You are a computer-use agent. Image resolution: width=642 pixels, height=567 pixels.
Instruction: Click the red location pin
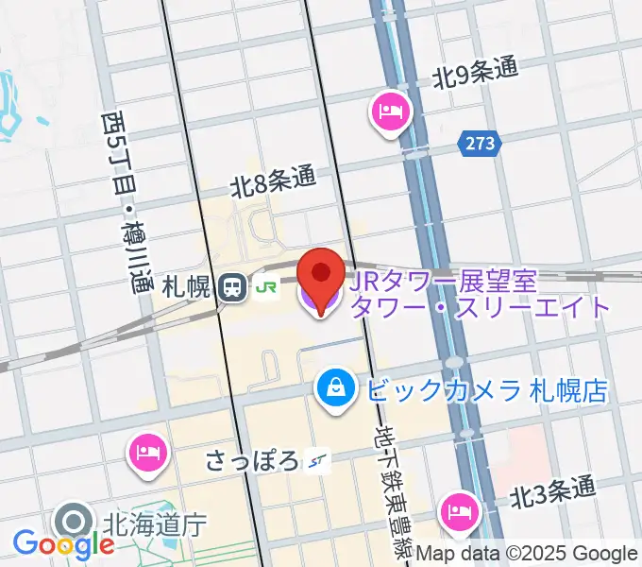pyautogui.click(x=321, y=273)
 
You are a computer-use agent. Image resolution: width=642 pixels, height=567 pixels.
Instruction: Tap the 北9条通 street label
pyautogui.click(x=477, y=76)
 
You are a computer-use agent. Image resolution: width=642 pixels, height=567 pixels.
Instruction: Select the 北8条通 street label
pyautogui.click(x=273, y=180)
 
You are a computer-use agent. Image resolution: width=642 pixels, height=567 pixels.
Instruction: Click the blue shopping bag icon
pyautogui.click(x=334, y=387)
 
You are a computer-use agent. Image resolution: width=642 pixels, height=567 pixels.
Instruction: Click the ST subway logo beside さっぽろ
pyautogui.click(x=315, y=461)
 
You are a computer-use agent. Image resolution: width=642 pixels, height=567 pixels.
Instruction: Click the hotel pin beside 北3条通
pyautogui.click(x=461, y=512)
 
